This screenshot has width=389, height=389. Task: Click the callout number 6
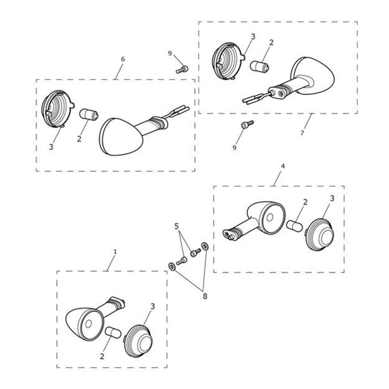coord(123,59)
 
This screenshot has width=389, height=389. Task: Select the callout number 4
coord(283,166)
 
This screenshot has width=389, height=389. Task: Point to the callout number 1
coord(115,252)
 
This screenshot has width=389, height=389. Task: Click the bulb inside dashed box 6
coord(89,115)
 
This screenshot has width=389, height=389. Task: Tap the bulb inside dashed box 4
coord(295,226)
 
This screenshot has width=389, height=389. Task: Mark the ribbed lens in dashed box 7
coord(229,61)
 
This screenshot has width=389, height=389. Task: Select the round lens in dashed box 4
coord(319,234)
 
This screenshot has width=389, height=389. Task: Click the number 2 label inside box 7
coord(271,42)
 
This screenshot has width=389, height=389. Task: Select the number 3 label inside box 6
coord(51,147)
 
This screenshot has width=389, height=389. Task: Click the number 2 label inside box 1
coord(102,356)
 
